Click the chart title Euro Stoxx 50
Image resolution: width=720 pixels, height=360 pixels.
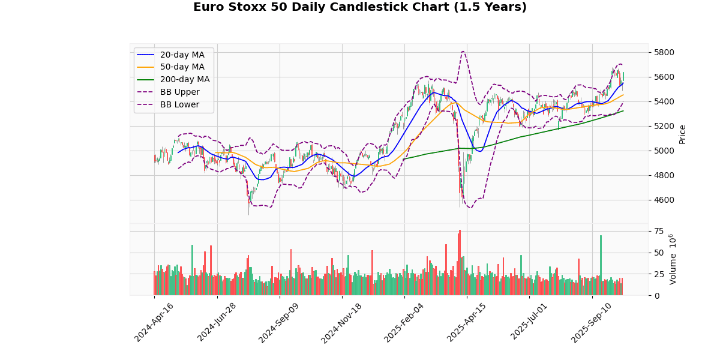359,7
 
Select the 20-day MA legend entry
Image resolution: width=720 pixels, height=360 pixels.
182,55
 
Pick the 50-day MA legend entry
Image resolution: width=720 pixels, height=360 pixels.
182,67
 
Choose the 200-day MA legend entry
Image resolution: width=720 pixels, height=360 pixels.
184,80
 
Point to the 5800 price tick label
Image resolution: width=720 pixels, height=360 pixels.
664,52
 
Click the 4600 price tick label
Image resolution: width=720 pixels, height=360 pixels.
664,200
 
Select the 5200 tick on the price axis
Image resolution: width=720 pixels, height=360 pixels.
664,126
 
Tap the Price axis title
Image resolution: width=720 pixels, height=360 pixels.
682,134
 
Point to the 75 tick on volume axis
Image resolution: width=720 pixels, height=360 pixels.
659,231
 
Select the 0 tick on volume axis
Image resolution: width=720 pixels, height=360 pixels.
656,296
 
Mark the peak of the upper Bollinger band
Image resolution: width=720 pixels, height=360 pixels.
463,52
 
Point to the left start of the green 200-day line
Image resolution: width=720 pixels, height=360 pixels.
404,159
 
